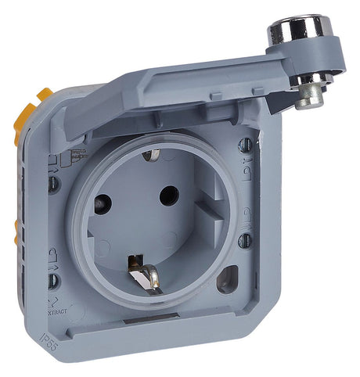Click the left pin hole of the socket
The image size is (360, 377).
coord(103,205)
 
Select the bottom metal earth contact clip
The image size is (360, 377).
coord(142,275)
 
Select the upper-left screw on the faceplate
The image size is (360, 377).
coord(52,185)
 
